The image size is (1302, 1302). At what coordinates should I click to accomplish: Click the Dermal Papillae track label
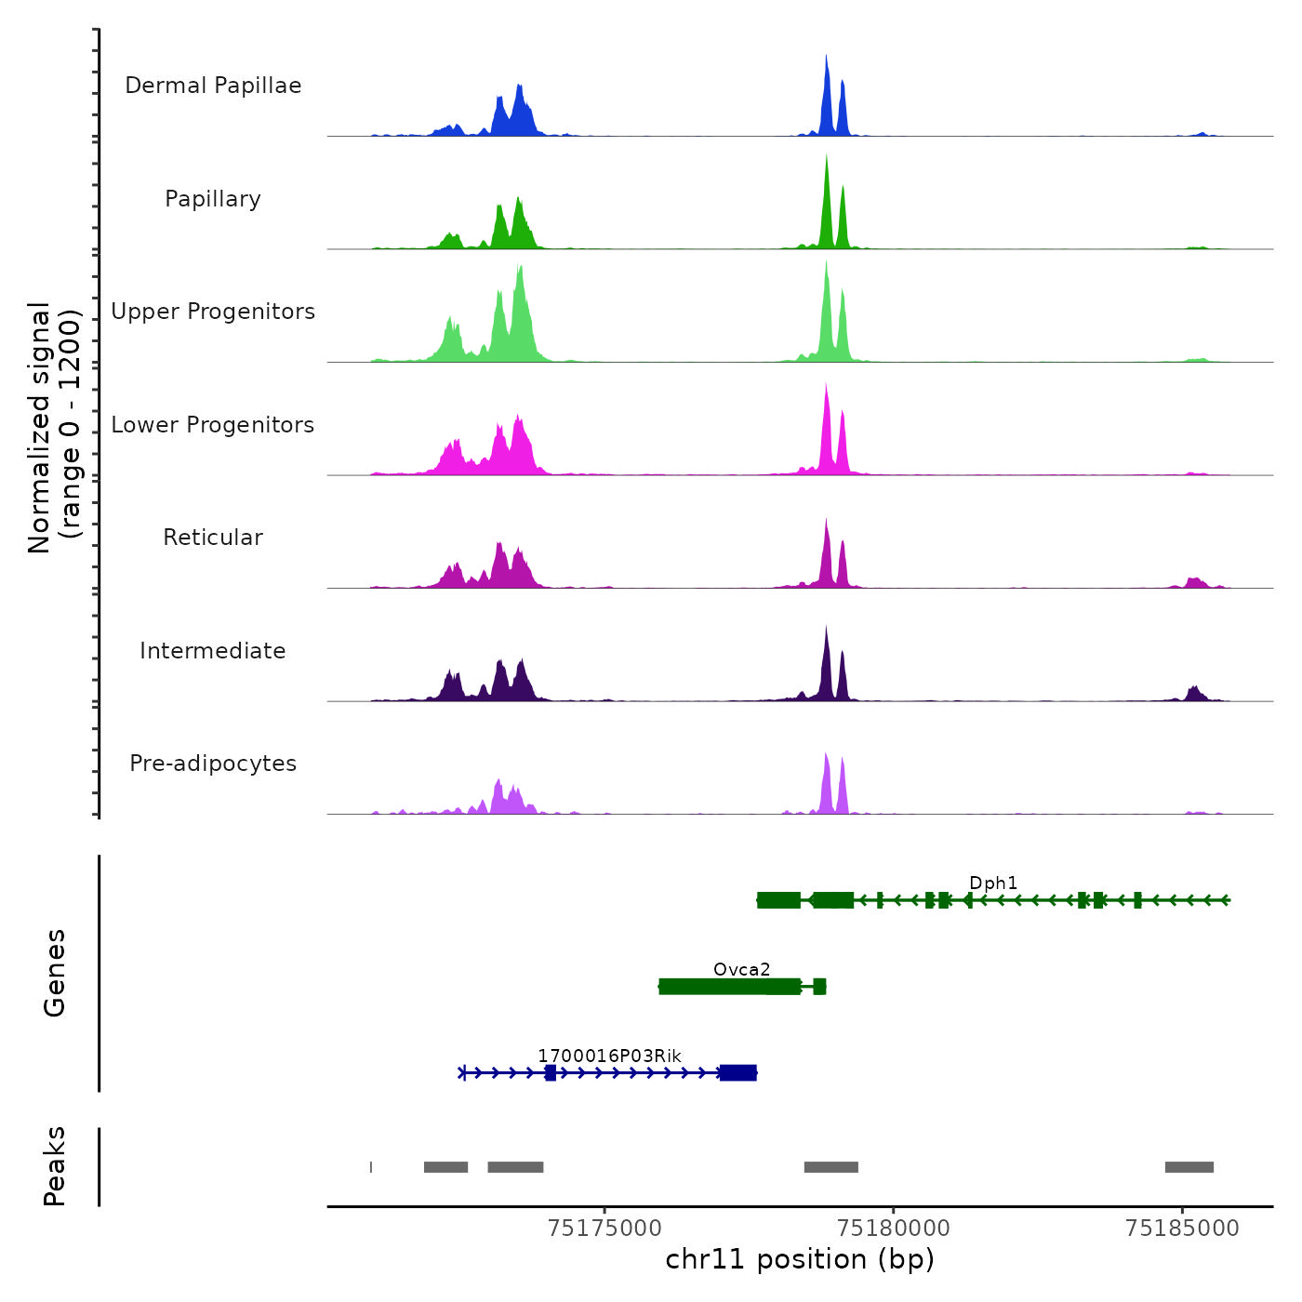click(213, 86)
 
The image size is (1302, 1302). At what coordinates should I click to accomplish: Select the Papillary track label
click(213, 199)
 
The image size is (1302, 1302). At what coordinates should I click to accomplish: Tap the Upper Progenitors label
click(213, 312)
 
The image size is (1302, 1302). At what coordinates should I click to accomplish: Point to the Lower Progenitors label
click(213, 425)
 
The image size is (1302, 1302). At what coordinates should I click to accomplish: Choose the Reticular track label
click(213, 538)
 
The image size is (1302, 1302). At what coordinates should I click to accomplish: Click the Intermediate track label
click(213, 651)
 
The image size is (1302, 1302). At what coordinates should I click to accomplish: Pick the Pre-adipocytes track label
click(213, 764)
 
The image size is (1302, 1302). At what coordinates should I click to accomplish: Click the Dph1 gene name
click(993, 883)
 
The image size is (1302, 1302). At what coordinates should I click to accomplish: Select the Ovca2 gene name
click(741, 970)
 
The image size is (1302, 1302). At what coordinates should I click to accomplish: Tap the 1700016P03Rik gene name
click(609, 1056)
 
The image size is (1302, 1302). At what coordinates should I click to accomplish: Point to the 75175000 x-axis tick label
click(605, 1229)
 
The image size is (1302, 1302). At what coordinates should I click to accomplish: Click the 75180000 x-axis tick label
click(894, 1229)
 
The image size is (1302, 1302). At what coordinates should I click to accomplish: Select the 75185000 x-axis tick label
click(1182, 1229)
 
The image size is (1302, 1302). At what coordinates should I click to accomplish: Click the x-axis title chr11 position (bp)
click(800, 1259)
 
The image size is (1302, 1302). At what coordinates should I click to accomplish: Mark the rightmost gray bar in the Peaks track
click(1189, 1167)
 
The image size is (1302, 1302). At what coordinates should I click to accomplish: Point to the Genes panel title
click(55, 973)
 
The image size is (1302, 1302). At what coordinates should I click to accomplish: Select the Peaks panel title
click(55, 1166)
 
